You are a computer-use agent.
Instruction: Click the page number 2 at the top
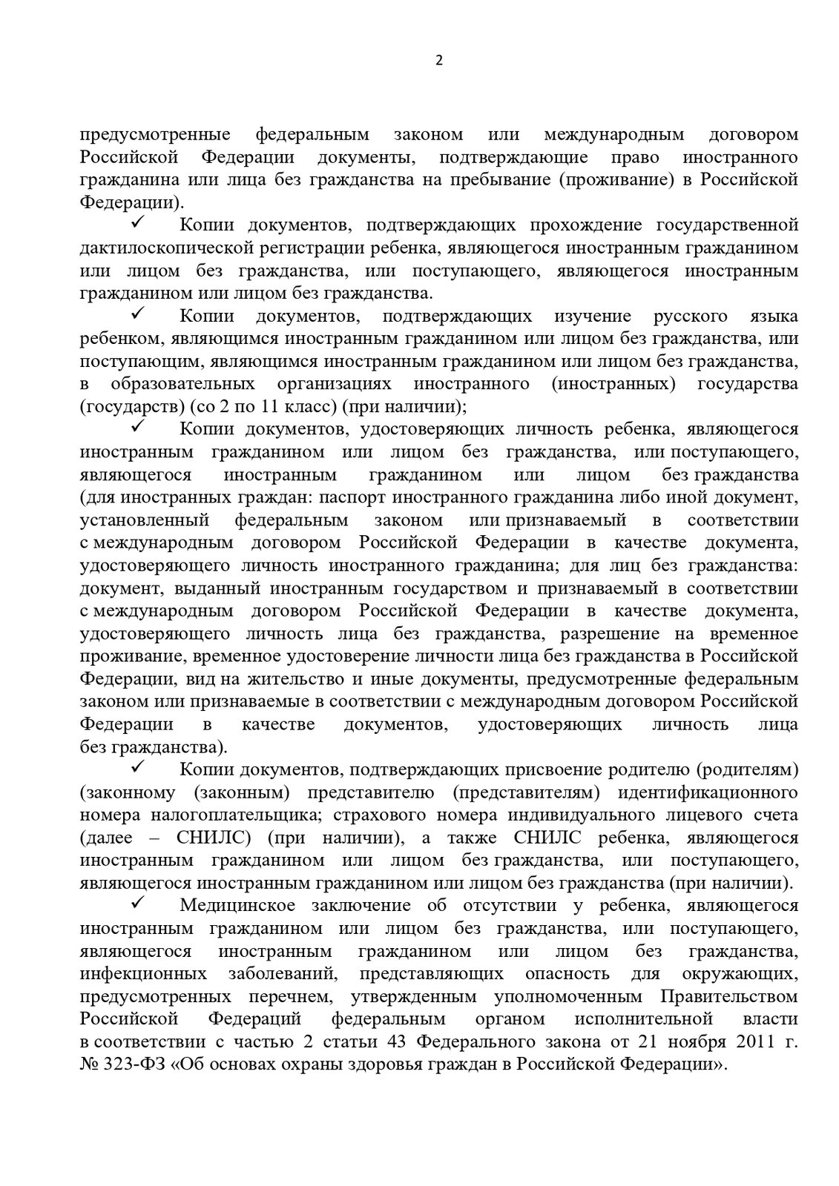pyautogui.click(x=438, y=62)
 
